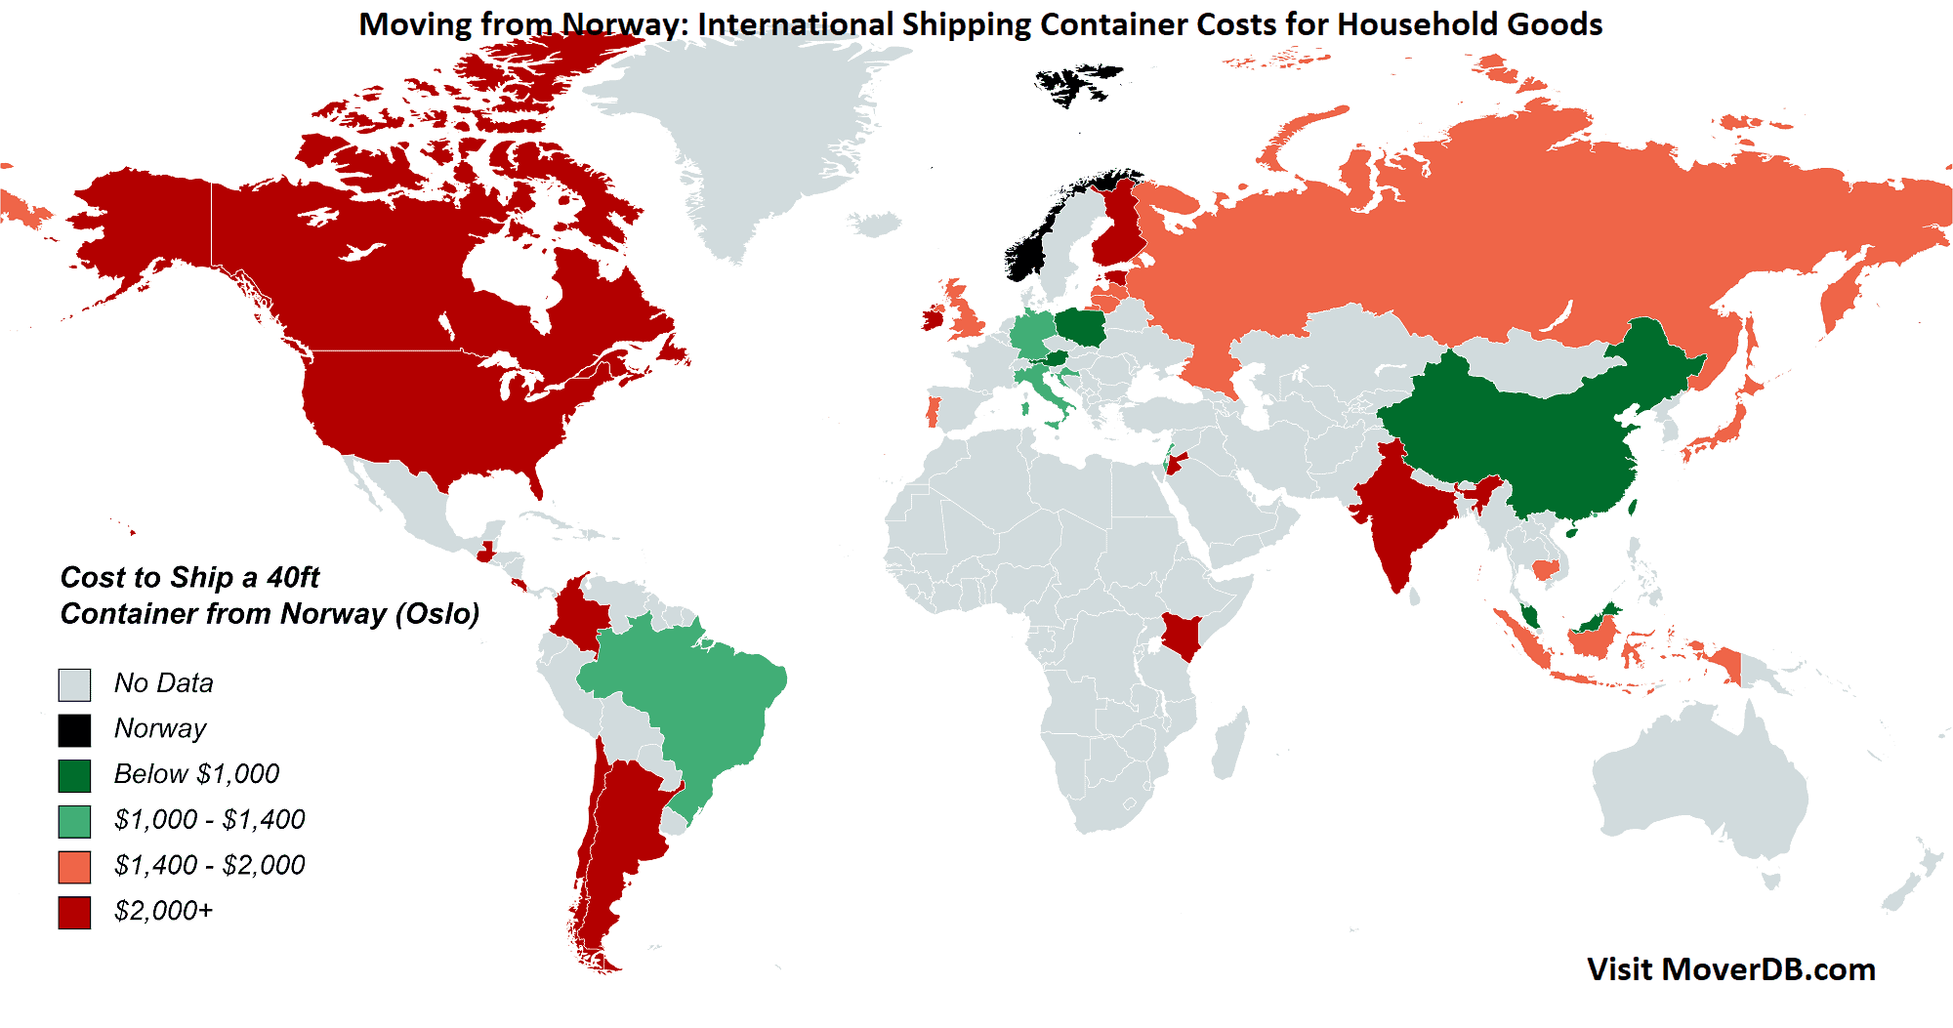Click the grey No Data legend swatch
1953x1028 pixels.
click(x=74, y=684)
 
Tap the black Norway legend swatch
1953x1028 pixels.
click(x=74, y=730)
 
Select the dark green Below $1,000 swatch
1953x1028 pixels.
click(x=74, y=776)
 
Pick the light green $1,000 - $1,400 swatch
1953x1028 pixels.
click(x=74, y=821)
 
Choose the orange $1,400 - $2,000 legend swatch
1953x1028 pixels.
click(x=74, y=867)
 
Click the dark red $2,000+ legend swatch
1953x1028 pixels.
click(x=74, y=913)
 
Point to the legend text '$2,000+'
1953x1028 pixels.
click(x=163, y=911)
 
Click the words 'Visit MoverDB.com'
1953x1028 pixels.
click(x=1730, y=969)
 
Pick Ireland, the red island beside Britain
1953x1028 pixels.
click(x=933, y=319)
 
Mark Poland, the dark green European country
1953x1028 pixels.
click(x=1081, y=327)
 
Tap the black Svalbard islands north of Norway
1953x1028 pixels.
click(x=1074, y=83)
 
